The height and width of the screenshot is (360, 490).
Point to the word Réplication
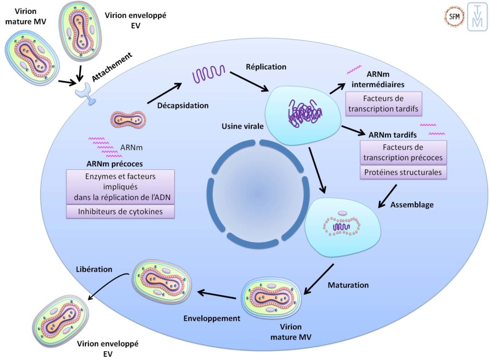click(x=266, y=67)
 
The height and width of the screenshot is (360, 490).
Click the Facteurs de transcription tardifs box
click(x=383, y=103)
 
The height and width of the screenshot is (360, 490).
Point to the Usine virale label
click(x=240, y=126)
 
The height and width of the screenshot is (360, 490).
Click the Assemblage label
click(x=412, y=205)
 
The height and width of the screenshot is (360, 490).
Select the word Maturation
click(x=348, y=285)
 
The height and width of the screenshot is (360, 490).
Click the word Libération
click(x=94, y=269)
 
